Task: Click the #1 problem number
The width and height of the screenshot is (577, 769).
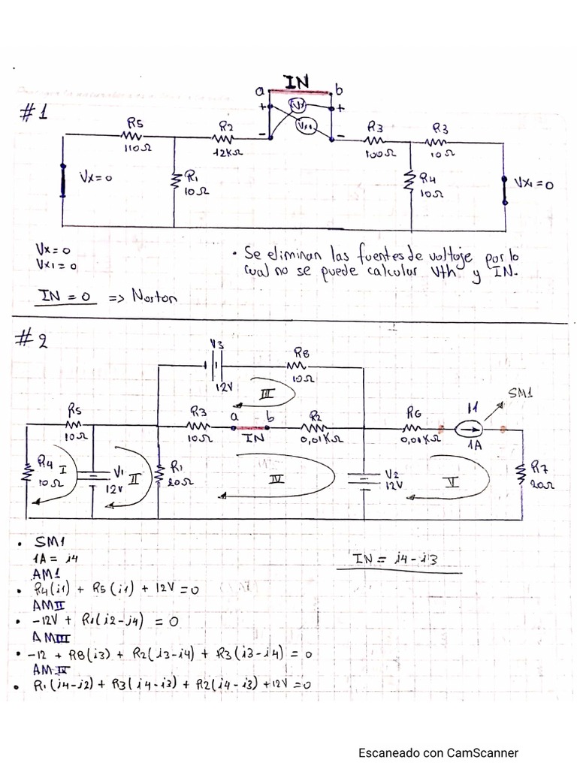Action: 33,114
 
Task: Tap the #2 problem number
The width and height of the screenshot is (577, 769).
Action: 33,342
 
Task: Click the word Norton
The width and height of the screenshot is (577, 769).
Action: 155,297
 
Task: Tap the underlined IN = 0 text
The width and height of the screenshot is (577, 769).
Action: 66,297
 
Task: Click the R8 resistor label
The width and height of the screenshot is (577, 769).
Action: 301,352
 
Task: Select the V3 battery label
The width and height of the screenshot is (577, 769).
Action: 216,345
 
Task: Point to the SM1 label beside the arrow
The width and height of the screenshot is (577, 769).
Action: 520,393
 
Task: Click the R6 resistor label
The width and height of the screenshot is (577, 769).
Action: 414,412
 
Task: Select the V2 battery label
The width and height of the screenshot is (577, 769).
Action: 392,475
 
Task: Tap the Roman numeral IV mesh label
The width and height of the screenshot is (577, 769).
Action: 277,479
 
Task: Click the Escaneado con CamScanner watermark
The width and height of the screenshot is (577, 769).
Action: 438,752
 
